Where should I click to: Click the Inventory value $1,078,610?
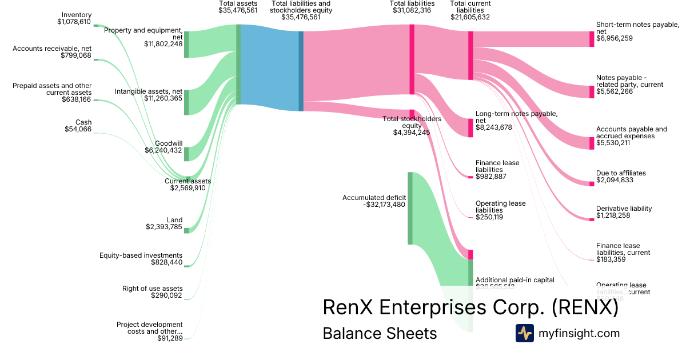[x=74, y=22]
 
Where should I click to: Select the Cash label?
[x=83, y=122]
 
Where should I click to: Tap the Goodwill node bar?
[x=186, y=146]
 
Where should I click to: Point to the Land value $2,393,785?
[x=164, y=227]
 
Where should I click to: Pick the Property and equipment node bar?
[x=186, y=45]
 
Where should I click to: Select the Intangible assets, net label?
[x=148, y=91]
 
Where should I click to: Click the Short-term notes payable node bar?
[x=592, y=39]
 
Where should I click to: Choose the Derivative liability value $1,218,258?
[x=615, y=215]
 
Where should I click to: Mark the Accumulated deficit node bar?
[x=410, y=208]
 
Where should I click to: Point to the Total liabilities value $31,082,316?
[x=412, y=10]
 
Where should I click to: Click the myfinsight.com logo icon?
[x=524, y=333]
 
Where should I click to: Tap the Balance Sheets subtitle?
[x=380, y=333]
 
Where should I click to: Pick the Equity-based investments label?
[x=141, y=255]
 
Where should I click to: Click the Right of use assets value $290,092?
[x=167, y=295]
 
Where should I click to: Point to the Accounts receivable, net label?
[x=52, y=49]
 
